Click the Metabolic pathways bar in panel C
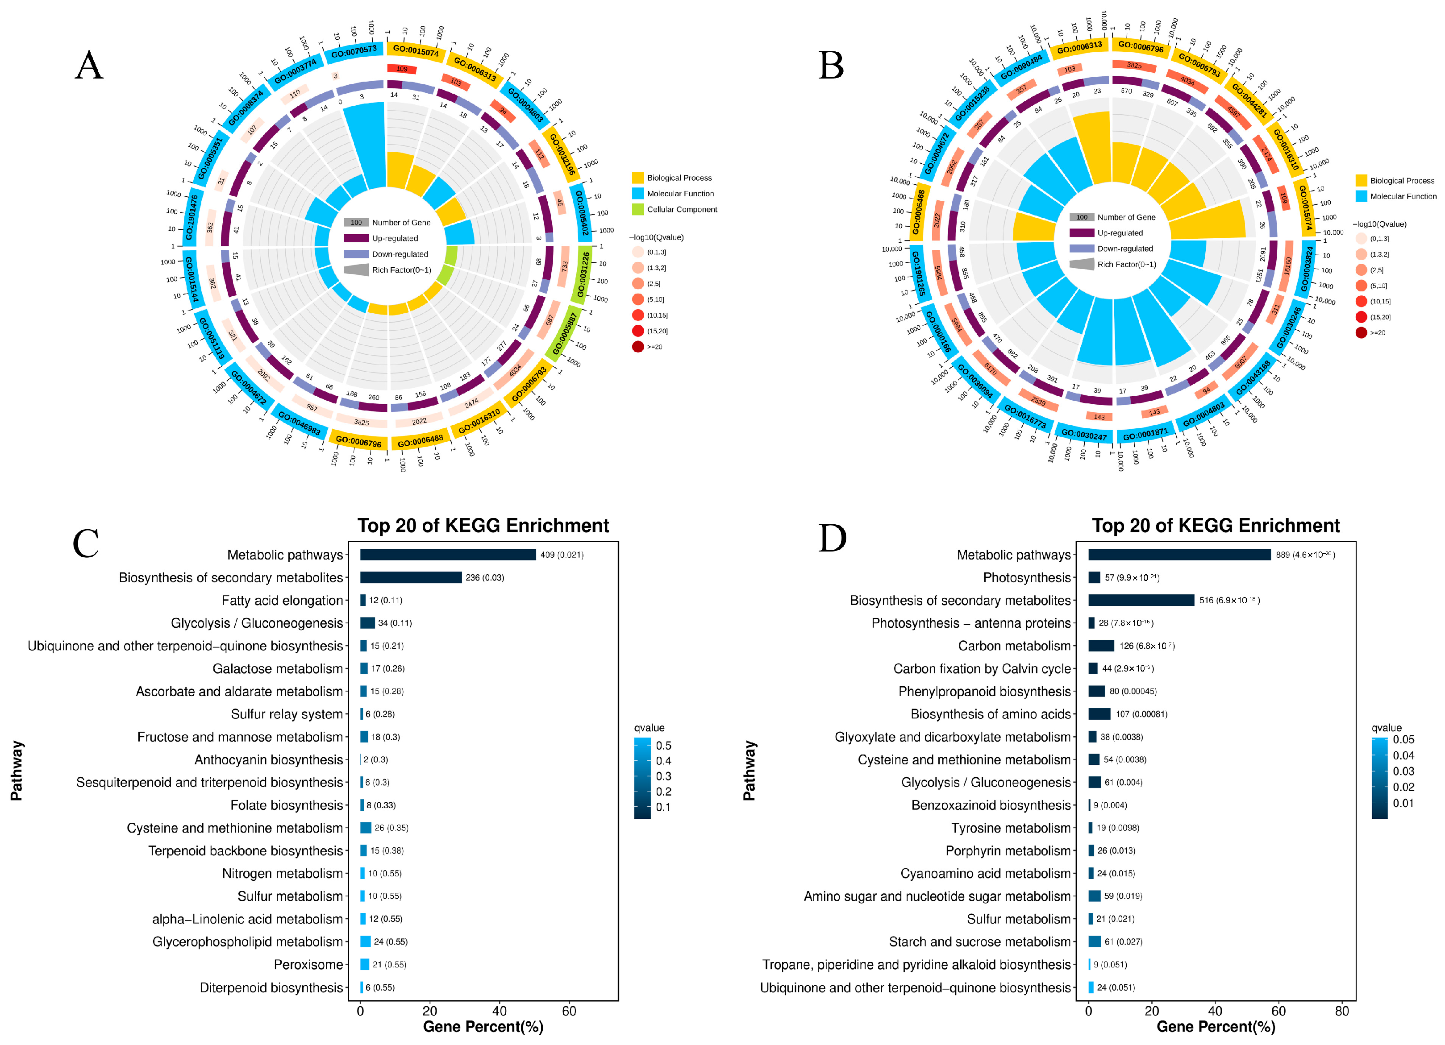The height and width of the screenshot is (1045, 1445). [447, 555]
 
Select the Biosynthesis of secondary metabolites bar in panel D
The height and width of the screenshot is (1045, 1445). [1141, 600]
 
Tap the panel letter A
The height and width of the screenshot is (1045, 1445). [89, 66]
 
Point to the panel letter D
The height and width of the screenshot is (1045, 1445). [832, 538]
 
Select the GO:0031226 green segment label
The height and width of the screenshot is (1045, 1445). [583, 274]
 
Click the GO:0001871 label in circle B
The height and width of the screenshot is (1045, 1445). [1145, 434]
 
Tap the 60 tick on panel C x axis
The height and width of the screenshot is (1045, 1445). [569, 1011]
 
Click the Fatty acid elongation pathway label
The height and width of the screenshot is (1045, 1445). [282, 601]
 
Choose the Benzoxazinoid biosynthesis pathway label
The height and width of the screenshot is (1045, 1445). [991, 805]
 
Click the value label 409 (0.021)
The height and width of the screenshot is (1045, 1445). [561, 555]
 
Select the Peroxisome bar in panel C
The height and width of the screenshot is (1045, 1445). [364, 964]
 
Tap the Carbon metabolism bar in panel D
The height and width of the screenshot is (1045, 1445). [1101, 646]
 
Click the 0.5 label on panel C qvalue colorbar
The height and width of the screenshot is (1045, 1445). [663, 745]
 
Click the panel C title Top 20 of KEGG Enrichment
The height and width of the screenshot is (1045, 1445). [483, 525]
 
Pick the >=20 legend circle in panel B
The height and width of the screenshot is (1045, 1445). [1361, 332]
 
